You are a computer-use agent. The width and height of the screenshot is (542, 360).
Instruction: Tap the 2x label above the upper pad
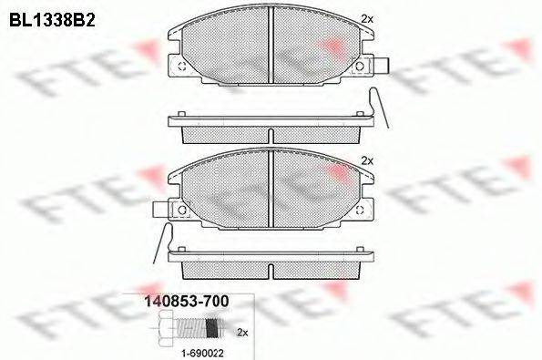[x=367, y=18]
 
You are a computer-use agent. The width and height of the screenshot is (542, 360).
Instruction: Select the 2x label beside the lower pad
[x=367, y=160]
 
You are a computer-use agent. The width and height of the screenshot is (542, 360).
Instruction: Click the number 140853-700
[x=185, y=300]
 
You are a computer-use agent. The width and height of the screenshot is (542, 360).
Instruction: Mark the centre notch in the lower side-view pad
[x=272, y=271]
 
